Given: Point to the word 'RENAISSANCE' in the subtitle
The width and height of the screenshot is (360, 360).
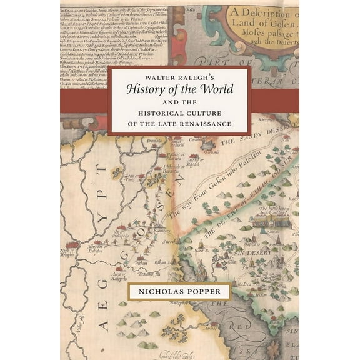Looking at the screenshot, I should [x=208, y=124].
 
